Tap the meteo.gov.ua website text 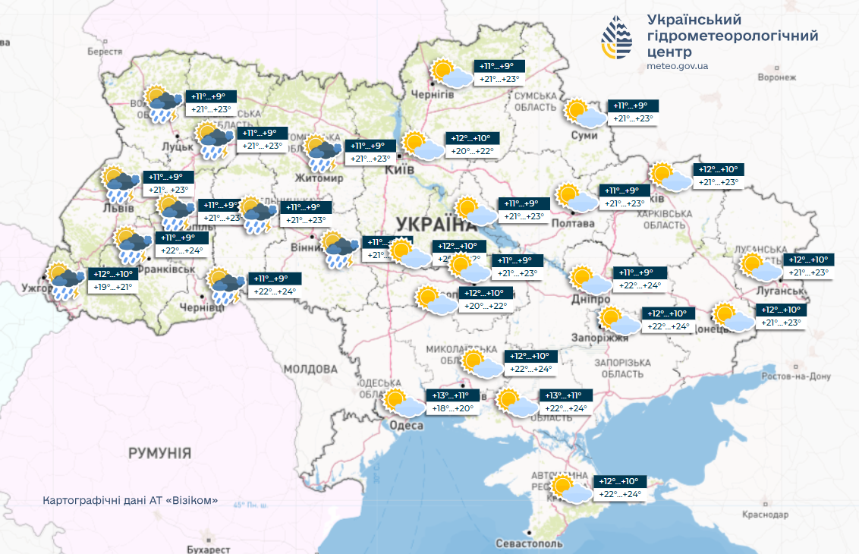678,66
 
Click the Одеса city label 407,426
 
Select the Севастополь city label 529,544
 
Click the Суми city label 584,135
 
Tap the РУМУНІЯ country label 159,452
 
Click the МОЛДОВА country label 310,369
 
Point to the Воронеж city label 776,77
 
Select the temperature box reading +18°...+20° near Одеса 452,408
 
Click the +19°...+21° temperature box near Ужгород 112,287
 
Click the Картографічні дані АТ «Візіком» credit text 131,501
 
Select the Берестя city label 104,52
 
